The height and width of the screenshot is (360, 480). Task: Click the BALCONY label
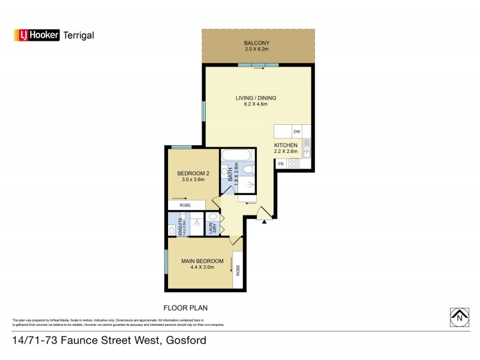pos(257,43)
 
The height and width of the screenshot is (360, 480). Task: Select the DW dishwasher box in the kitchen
pos(296,131)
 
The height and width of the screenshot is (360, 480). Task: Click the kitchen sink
pos(307,161)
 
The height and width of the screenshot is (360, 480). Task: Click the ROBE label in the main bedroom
pos(238,269)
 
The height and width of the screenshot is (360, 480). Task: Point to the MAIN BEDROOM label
pos(203,261)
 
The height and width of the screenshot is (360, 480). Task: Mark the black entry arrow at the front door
pos(264,221)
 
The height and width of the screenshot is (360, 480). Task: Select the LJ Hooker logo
pos(37,35)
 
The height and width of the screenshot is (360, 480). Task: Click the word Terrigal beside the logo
pos(79,35)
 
